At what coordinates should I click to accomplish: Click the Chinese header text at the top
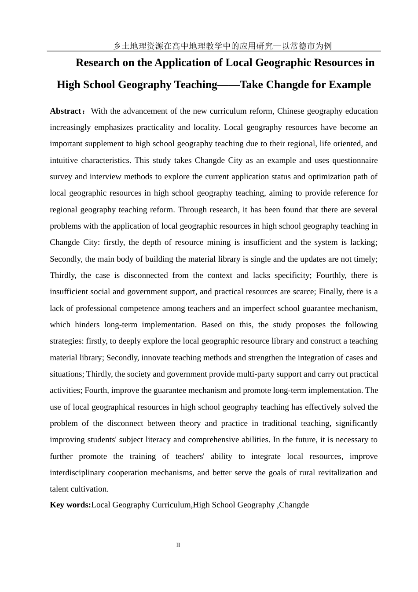click(x=222, y=46)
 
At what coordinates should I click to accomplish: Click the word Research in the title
click(x=98, y=63)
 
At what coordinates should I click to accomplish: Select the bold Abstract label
click(x=65, y=111)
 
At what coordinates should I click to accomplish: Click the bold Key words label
click(x=70, y=505)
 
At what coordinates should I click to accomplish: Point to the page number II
click(x=178, y=545)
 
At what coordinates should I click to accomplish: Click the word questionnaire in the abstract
click(x=355, y=160)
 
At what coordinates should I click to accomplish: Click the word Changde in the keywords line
click(x=294, y=505)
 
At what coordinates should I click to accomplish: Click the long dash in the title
click(x=228, y=85)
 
